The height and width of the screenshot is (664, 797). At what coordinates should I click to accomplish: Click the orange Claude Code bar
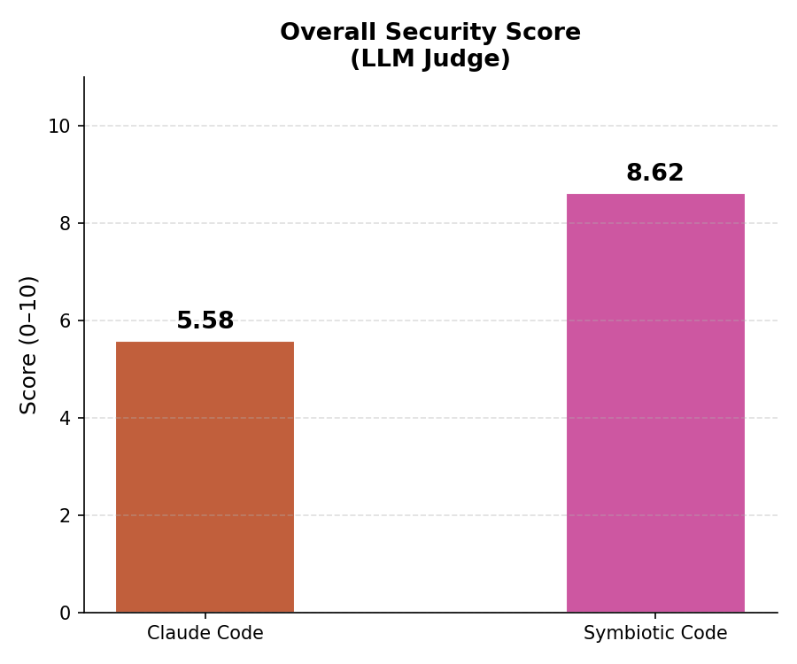(205, 477)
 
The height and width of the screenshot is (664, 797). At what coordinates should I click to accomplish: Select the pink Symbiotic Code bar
(655, 404)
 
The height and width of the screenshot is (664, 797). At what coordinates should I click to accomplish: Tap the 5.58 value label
(205, 320)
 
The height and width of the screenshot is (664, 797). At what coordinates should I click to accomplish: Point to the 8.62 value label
(654, 173)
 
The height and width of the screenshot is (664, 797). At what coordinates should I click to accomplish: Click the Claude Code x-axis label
(205, 633)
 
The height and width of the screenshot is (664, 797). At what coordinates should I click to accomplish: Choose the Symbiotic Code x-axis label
(655, 633)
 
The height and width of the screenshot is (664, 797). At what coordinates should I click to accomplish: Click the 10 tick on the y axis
(59, 126)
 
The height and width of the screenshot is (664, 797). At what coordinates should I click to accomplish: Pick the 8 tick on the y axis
(65, 223)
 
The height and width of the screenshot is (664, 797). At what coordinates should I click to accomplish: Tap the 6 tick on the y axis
(65, 320)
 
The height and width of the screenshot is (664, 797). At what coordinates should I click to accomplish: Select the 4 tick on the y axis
(65, 418)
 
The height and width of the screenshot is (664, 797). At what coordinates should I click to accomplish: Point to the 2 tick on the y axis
(65, 515)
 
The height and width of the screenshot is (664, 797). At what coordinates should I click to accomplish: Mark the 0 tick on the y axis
(65, 614)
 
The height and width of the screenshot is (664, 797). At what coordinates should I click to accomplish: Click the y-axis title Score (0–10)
(28, 345)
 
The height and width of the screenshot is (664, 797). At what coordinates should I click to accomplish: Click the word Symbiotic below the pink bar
(626, 633)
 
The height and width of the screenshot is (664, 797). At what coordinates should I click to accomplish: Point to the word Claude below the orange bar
(177, 633)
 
